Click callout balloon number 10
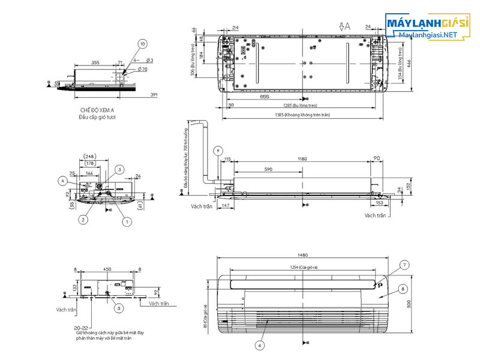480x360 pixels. coord(142,44)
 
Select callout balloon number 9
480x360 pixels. coord(218,150)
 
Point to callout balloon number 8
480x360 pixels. coord(401,289)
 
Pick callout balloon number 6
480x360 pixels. coord(259,345)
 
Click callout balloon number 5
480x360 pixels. coord(119,308)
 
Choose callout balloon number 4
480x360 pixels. coord(63,180)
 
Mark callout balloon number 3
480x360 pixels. coord(119,170)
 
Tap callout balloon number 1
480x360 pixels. coord(127,221)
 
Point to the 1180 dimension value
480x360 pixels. coord(302,159)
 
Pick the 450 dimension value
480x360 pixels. coord(108,269)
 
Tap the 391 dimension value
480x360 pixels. coord(154,95)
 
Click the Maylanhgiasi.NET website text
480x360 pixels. coord(428,35)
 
